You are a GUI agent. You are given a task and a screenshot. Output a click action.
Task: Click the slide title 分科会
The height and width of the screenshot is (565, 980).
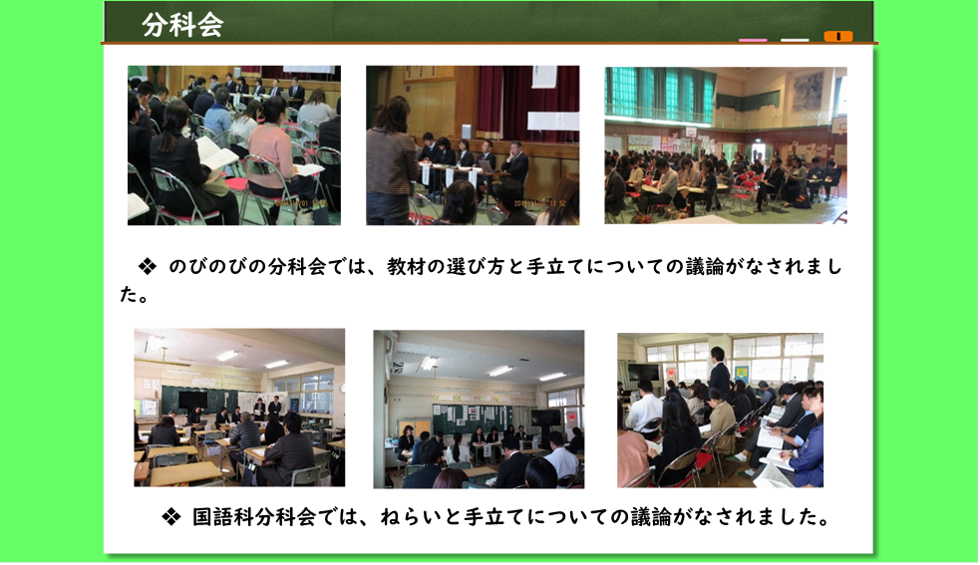pos(182,25)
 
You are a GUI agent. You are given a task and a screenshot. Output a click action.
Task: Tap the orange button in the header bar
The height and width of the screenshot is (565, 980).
pos(838,36)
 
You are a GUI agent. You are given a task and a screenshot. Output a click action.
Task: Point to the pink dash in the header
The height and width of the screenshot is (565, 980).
pos(753,40)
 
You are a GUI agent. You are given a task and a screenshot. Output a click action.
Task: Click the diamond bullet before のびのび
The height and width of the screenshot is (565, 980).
pos(148,267)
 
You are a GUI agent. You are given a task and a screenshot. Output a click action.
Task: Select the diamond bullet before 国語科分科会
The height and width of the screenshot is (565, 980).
pos(170,517)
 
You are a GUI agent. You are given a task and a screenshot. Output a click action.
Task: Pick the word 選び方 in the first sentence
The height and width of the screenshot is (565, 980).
pos(475,267)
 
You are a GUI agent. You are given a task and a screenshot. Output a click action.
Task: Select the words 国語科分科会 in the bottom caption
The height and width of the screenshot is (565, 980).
pos(252,517)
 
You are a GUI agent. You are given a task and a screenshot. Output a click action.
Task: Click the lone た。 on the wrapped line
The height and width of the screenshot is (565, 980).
pos(135,294)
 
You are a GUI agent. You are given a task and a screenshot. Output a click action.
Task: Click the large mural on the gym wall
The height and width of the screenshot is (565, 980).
pos(808,92)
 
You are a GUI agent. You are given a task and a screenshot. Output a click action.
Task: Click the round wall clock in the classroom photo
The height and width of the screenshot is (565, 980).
pos(342,389)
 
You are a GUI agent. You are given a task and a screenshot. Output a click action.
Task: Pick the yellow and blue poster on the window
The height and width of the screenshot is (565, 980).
pos(742,373)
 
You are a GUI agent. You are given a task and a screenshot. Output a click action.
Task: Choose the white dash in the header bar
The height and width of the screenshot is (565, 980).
pos(795,40)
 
